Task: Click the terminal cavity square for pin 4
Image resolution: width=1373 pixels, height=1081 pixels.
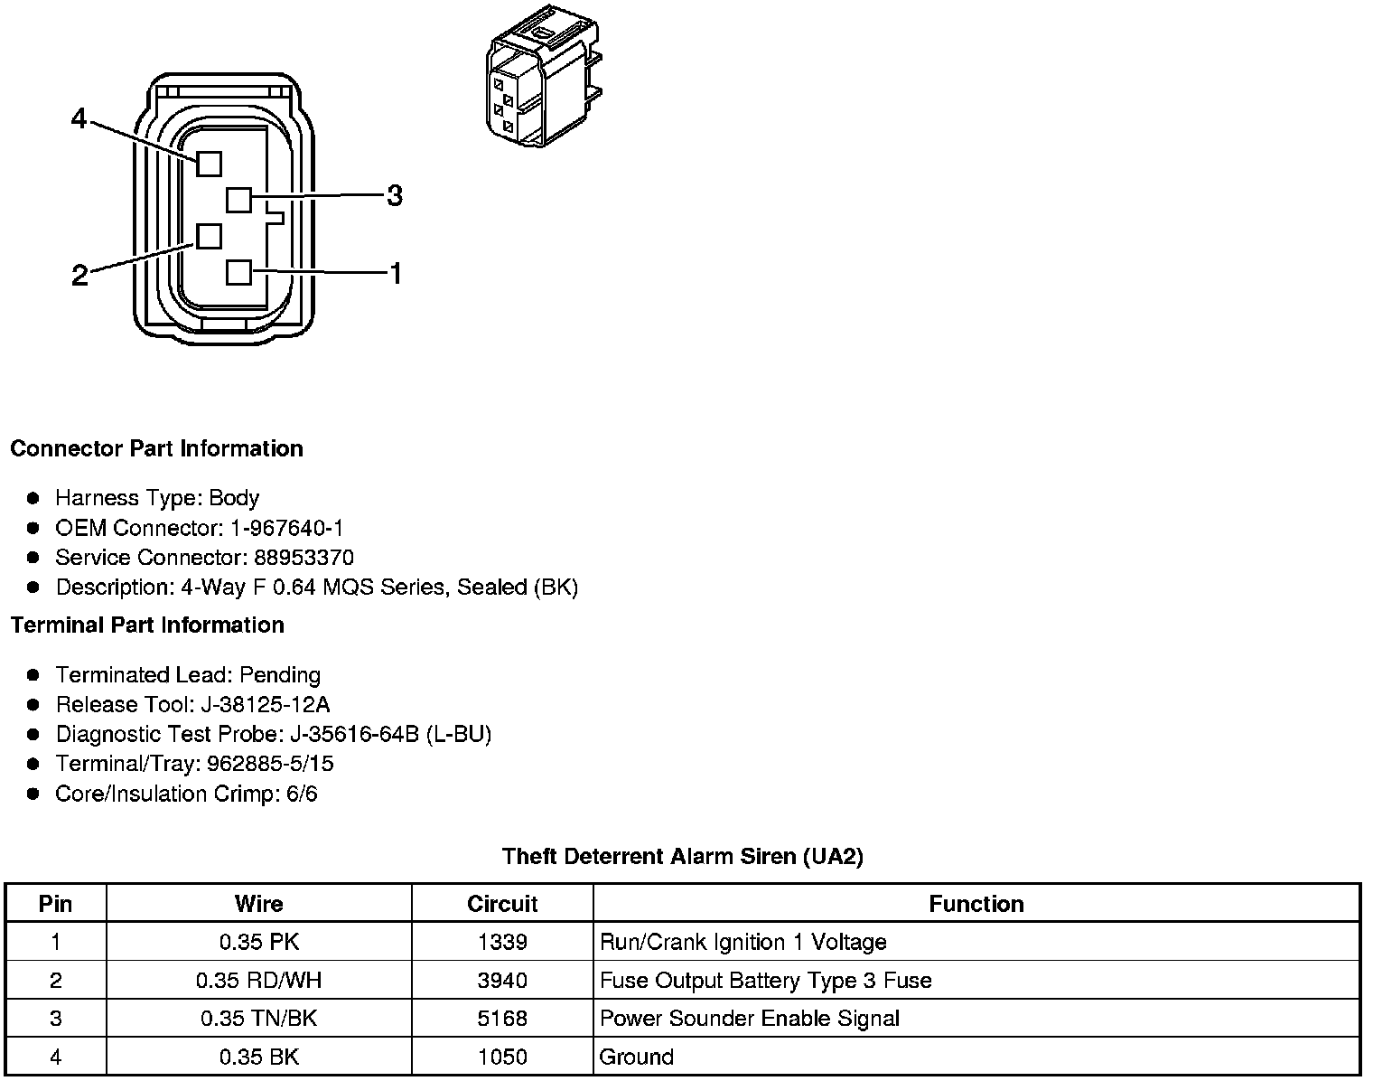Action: coord(209,164)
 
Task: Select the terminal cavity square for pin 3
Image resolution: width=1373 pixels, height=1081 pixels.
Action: coord(238,199)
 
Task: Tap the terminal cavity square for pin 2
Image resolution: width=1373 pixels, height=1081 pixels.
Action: coord(209,236)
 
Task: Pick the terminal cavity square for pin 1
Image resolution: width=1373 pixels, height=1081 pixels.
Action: coord(238,272)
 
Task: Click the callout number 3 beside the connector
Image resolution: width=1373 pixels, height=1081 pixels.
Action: coord(395,195)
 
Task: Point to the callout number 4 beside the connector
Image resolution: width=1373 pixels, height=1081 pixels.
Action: coord(79,118)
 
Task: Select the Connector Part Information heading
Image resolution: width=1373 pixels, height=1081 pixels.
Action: coord(156,449)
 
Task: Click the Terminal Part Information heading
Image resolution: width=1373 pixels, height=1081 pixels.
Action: coord(147,625)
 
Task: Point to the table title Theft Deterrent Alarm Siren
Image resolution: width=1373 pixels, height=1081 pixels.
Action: coord(682,856)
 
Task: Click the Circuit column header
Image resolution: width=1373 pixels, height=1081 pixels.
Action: coord(502,904)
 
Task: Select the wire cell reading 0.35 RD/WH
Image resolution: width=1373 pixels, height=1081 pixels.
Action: coord(259,981)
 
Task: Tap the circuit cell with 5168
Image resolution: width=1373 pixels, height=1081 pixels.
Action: coord(502,1019)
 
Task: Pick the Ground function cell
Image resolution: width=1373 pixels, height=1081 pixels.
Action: coord(637,1057)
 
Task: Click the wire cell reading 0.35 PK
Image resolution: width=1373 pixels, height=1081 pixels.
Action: coord(259,942)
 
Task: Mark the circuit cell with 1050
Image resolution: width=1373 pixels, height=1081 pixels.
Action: coord(502,1057)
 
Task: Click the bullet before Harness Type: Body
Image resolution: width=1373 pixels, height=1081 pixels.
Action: coord(33,498)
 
